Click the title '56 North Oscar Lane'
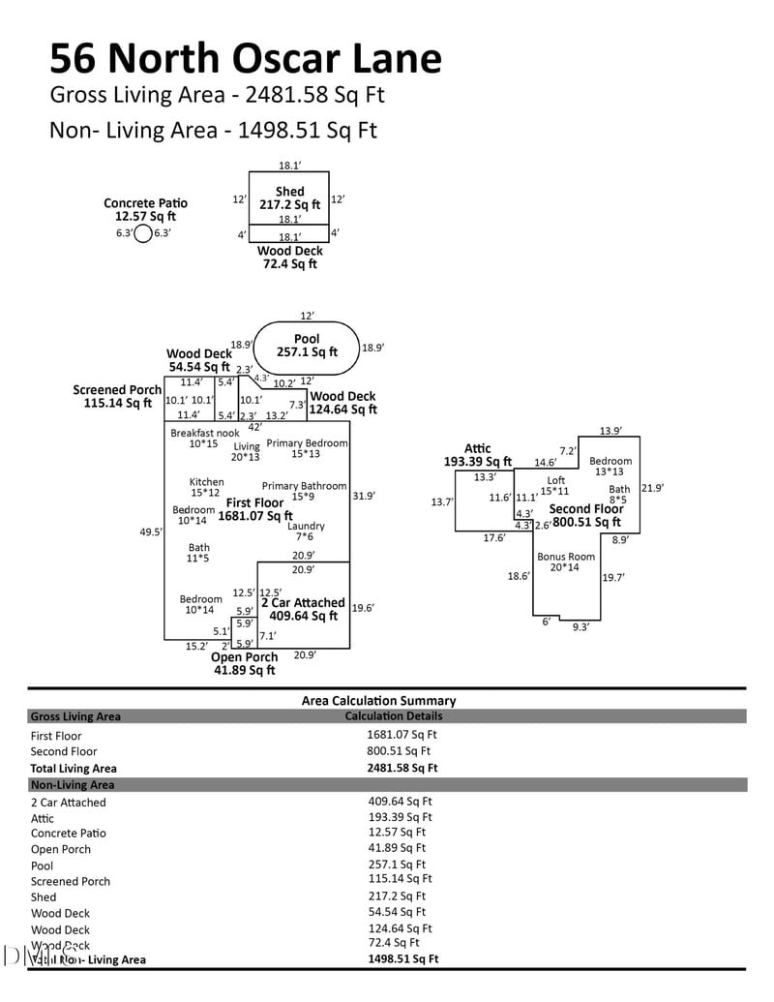tap(246, 59)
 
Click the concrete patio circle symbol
tap(143, 233)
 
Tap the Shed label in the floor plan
tap(289, 192)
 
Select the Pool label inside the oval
tap(307, 339)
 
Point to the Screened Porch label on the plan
tap(117, 390)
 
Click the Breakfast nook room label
tap(204, 433)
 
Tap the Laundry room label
tap(306, 526)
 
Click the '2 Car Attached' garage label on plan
tap(303, 602)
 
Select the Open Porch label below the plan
tap(245, 657)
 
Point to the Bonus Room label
tap(566, 557)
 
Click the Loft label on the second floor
tap(556, 480)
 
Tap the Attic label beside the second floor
tap(478, 448)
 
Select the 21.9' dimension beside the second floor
tap(652, 488)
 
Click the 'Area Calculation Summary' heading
tap(378, 700)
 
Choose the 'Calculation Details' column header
tap(394, 716)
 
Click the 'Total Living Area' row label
tap(74, 768)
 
